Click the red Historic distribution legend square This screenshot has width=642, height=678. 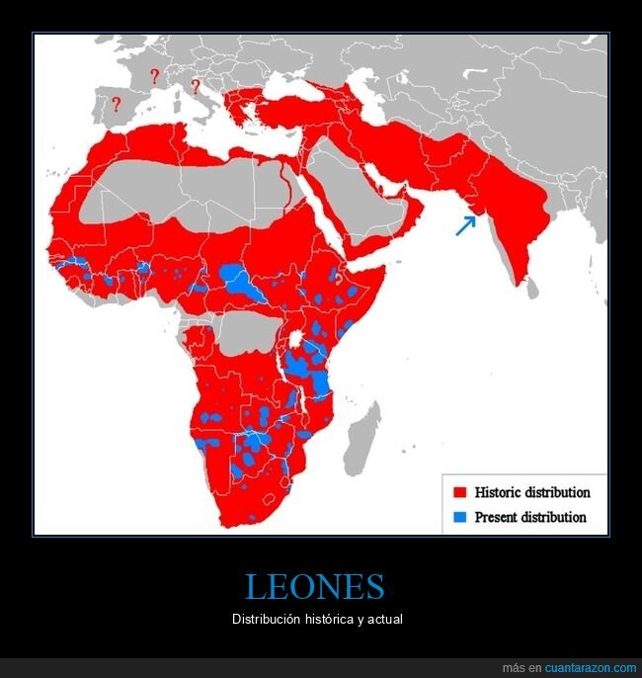458,492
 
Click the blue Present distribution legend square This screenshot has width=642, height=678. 458,517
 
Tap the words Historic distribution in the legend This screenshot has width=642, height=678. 531,492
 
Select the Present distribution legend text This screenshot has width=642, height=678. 529,517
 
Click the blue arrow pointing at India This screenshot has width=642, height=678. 464,225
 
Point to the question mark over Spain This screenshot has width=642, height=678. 117,103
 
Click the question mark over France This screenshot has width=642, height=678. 154,76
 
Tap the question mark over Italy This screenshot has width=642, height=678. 196,85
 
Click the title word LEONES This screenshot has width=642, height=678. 314,587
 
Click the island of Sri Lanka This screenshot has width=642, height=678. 532,288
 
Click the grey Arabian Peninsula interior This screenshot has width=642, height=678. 351,198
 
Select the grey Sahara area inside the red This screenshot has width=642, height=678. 178,193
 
